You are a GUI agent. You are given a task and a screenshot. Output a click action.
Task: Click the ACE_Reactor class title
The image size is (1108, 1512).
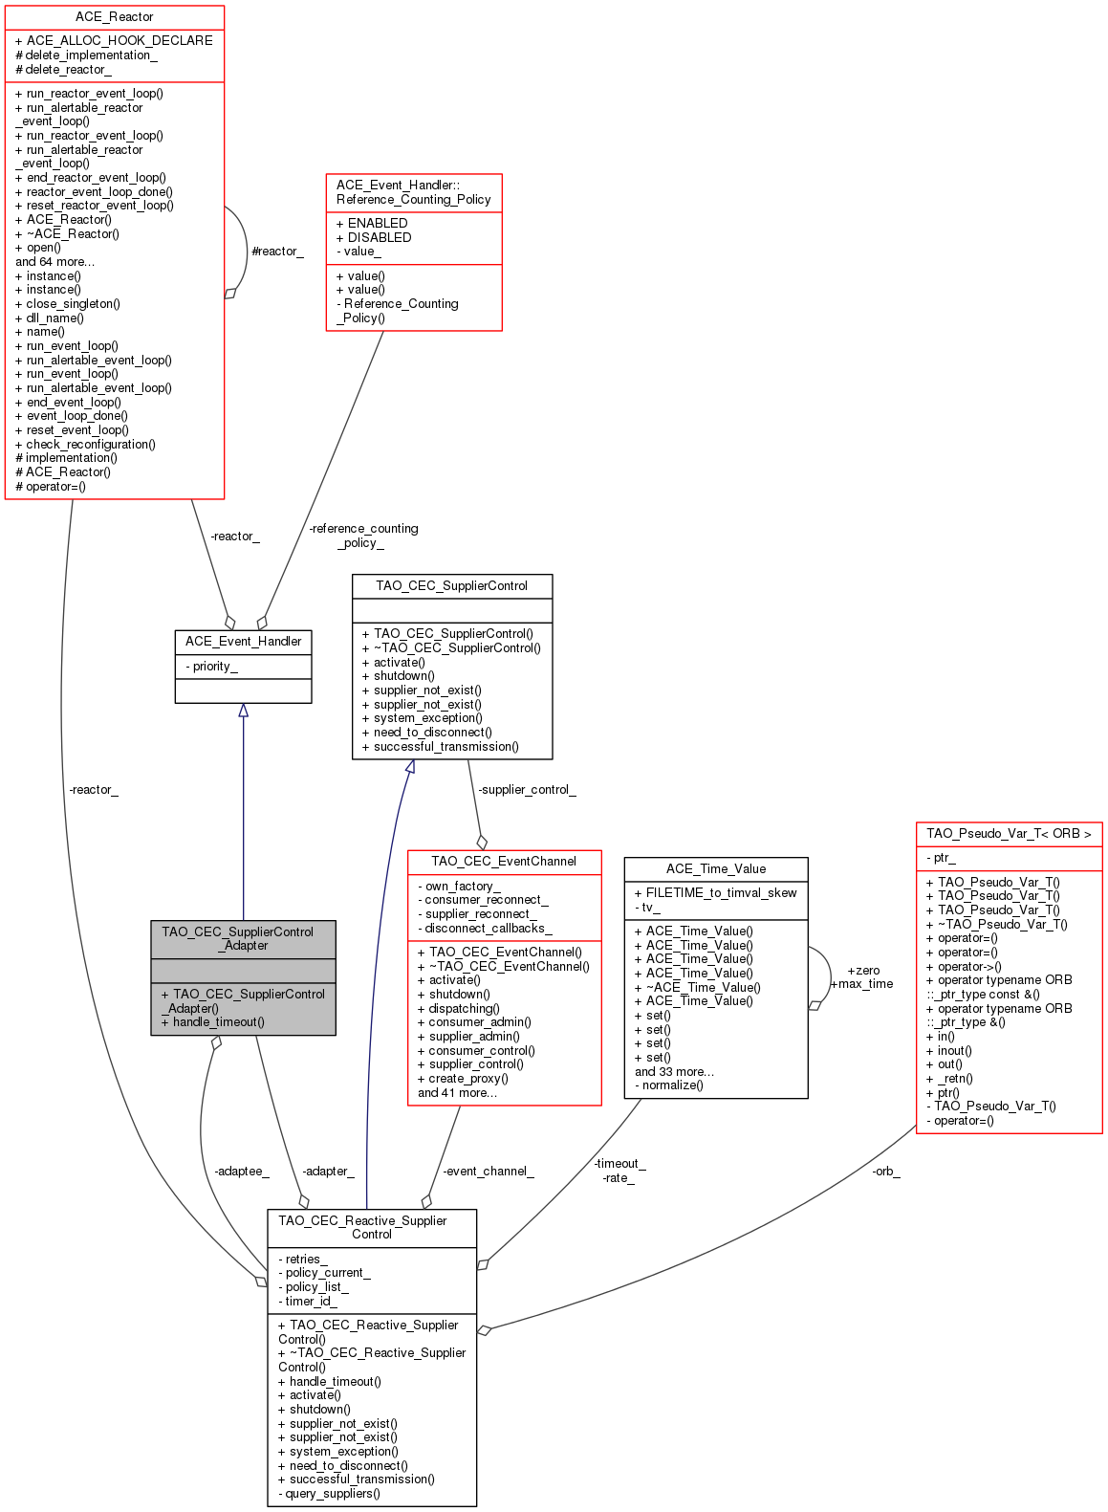(114, 17)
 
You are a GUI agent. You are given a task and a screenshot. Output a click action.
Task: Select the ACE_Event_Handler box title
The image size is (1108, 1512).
(243, 642)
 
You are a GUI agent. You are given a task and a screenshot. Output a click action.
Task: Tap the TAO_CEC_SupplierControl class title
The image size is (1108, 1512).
(451, 586)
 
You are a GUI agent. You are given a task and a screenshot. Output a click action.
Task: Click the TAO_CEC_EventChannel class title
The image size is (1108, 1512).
(504, 862)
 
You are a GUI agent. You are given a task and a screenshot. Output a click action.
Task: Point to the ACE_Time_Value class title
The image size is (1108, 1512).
(715, 869)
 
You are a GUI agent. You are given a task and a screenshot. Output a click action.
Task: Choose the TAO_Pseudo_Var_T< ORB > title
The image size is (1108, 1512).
(1009, 834)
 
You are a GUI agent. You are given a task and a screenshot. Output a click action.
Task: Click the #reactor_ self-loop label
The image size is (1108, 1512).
(277, 252)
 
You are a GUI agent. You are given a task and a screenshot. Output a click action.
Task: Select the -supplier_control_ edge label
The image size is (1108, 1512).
(527, 790)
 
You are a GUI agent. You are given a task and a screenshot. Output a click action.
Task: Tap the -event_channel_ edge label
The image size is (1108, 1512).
(488, 1172)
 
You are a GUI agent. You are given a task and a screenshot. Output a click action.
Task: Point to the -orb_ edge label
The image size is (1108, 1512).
(886, 1172)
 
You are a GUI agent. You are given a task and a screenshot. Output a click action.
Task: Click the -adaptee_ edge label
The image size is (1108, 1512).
(241, 1172)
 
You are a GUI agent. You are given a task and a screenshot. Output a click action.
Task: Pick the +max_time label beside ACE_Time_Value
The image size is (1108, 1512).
(862, 984)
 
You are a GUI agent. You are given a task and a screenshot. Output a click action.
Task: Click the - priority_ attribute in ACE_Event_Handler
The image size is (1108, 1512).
(211, 667)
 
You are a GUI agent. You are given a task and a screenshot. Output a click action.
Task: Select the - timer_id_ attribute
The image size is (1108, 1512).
(307, 1301)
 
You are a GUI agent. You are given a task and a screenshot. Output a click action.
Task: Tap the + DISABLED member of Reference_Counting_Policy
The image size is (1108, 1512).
(374, 237)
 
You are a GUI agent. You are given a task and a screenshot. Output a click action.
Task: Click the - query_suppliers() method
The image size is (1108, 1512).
(329, 1494)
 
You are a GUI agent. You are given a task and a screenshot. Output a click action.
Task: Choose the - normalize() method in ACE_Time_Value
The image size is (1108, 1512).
(669, 1085)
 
